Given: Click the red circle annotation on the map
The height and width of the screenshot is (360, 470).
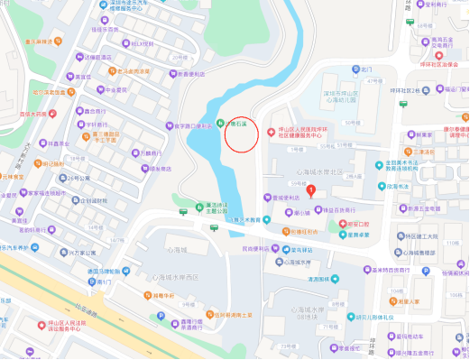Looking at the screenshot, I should click(240, 133).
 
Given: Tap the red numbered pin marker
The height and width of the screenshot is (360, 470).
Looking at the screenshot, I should click(311, 189).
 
